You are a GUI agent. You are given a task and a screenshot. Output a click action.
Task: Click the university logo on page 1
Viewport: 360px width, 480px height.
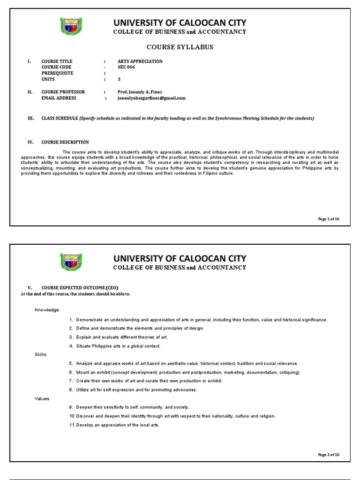click(x=71, y=26)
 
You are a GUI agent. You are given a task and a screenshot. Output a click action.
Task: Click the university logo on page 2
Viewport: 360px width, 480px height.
click(x=71, y=262)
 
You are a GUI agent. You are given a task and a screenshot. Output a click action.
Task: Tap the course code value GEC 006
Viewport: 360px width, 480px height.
click(x=126, y=67)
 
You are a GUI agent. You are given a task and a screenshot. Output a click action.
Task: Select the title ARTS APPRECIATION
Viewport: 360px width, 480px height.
click(x=140, y=61)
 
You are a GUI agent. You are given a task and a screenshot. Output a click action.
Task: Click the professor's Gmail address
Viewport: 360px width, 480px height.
click(x=151, y=98)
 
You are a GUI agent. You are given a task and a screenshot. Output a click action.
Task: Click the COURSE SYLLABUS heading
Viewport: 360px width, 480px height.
click(x=180, y=47)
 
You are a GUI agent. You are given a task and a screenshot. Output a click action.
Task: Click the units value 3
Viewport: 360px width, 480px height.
click(x=119, y=79)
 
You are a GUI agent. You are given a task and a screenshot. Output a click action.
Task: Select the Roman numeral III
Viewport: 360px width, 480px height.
click(x=30, y=118)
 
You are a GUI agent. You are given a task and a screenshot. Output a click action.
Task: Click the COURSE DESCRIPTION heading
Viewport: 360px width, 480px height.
click(x=65, y=142)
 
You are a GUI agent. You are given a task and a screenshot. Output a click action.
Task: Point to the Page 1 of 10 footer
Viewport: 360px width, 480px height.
click(x=328, y=219)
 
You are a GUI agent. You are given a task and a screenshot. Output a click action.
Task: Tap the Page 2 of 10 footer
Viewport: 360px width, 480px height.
click(x=328, y=454)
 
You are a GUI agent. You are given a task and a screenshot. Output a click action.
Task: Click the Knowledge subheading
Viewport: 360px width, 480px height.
click(x=46, y=310)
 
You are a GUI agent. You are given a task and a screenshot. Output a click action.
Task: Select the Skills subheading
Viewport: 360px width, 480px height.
click(x=41, y=354)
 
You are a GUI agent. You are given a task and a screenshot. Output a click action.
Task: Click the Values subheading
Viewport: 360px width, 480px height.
click(x=42, y=398)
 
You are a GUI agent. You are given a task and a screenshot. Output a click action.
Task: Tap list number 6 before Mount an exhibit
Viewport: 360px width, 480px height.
click(x=71, y=372)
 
